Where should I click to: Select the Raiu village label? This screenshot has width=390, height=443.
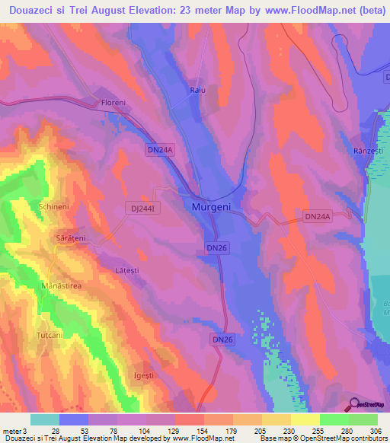pos(198,91)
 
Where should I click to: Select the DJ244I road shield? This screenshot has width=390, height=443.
pos(139,207)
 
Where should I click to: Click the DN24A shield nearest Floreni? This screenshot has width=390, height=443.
pos(161,151)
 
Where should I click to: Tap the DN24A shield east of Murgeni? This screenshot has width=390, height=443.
pos(318,217)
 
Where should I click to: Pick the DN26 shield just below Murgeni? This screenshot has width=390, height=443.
pos(216,248)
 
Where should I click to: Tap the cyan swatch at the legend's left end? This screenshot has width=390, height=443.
pos(45,419)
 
